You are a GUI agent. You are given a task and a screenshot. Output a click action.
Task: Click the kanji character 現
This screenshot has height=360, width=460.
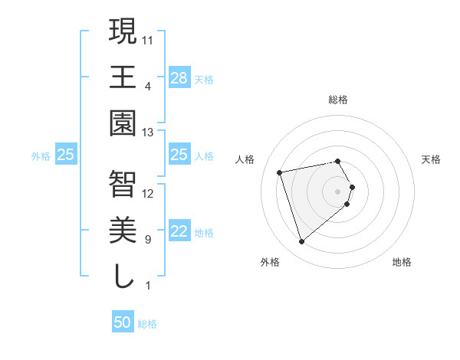pos(123,31)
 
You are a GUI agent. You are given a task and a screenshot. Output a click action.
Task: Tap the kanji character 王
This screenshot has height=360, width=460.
pos(123,77)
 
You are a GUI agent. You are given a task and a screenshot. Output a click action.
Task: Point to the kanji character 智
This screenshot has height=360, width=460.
pos(123,183)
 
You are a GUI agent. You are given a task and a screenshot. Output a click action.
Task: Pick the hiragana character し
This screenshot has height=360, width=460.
pos(123,277)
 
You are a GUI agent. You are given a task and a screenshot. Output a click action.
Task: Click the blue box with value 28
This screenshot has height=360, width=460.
pos(179,77)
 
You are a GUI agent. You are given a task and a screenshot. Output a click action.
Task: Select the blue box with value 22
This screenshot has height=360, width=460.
pos(179,232)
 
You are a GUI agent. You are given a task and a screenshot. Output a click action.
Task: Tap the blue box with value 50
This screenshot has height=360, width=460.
pos(123,322)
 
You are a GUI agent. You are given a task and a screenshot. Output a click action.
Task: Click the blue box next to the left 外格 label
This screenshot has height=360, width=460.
pos(66,155)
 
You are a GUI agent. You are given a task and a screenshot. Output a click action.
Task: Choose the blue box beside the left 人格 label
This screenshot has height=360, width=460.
pos(179,155)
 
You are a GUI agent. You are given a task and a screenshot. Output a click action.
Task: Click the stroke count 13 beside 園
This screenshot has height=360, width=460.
pos(149,133)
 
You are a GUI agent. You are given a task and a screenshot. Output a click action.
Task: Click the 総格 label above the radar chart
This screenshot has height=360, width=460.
pos(337,100)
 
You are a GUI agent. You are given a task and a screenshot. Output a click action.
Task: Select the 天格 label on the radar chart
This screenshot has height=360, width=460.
pos(431,159)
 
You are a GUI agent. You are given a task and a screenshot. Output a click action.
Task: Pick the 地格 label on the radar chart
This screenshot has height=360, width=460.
pos(402,262)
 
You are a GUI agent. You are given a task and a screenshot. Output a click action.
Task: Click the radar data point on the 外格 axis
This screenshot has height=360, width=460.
pos(301,242)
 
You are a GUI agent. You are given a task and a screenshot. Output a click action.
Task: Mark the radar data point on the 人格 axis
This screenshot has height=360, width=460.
pos(280,172)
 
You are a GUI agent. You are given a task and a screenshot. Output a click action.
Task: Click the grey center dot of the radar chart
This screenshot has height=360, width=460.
pos(337,190)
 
